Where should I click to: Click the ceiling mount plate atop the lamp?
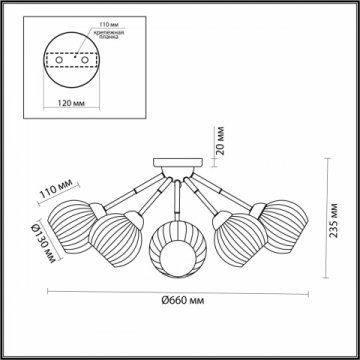[x=174, y=163]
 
